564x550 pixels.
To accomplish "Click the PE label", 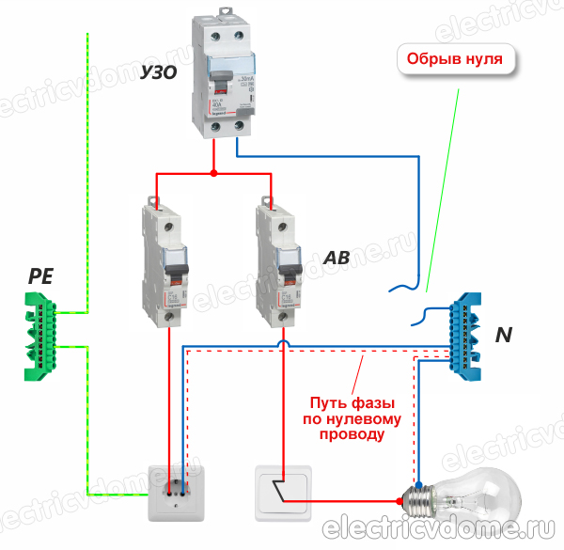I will [41, 276].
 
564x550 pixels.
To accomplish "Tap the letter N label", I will [504, 335].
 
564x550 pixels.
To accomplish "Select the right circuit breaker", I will [280, 263].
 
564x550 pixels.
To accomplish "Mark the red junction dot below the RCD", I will [213, 173].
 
